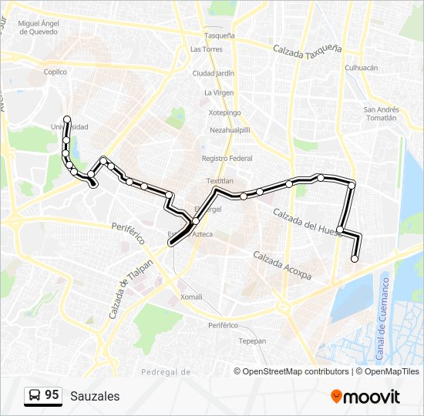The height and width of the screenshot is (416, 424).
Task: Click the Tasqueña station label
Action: pyautogui.click(x=219, y=35)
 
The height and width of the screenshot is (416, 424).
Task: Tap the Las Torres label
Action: pyautogui.click(x=206, y=49)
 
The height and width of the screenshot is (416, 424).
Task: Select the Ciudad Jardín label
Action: pyautogui.click(x=213, y=74)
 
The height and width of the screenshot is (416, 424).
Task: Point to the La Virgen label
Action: pyautogui.click(x=218, y=92)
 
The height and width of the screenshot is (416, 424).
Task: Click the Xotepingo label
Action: pyautogui.click(x=224, y=112)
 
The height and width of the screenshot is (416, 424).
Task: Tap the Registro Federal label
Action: pyautogui.click(x=227, y=158)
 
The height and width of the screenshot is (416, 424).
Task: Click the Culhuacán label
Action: pyautogui.click(x=361, y=68)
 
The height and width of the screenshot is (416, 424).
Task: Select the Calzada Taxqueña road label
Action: pyautogui.click(x=307, y=48)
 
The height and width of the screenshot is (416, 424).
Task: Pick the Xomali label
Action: pyautogui.click(x=190, y=297)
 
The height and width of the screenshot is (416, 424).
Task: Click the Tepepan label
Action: pyautogui.click(x=252, y=341)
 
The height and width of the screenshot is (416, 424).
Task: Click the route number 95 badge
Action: pyautogui.click(x=43, y=395)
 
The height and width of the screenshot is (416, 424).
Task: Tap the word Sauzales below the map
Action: pyautogui.click(x=95, y=396)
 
